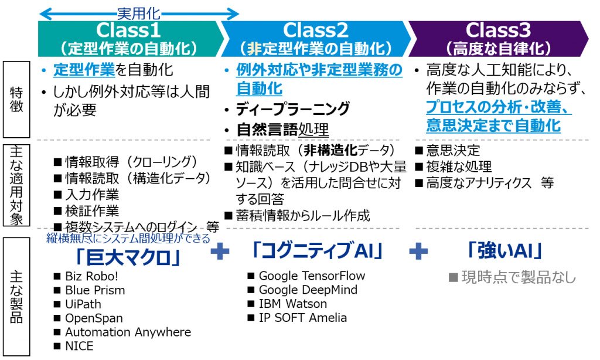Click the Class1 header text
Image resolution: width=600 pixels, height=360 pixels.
[128, 30]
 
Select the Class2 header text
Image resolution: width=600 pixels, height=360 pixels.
[316, 30]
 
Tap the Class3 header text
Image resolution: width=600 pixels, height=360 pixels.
[498, 30]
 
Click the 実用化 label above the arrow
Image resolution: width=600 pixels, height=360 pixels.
[138, 14]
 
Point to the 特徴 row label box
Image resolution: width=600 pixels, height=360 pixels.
[16, 99]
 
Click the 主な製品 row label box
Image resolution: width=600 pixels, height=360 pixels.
[16, 297]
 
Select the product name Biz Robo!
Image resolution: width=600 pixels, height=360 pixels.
[91, 276]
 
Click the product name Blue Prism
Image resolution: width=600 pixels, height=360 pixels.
[95, 290]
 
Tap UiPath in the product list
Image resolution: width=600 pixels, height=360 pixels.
[83, 304]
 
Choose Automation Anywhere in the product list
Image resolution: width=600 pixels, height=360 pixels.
[128, 332]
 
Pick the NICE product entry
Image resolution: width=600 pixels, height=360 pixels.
[79, 346]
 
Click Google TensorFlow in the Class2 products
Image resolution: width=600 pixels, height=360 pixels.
[312, 276]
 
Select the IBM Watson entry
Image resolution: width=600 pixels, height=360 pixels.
[293, 304]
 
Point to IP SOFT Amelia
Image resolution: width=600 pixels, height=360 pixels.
[303, 318]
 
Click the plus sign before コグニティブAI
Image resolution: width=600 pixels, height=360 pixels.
[220, 251]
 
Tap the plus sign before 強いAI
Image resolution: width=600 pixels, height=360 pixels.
[418, 251]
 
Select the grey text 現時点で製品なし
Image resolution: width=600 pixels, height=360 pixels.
[519, 277]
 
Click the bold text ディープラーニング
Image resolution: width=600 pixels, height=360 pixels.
[293, 109]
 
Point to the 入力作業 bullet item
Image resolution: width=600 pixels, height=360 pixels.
[92, 195]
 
